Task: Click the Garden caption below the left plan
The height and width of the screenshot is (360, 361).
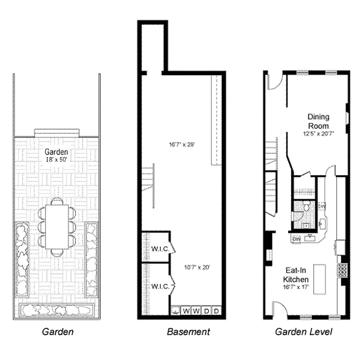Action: click(58, 332)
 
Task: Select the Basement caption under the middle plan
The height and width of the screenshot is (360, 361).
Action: click(188, 332)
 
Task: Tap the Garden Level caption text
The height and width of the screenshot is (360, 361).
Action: click(303, 332)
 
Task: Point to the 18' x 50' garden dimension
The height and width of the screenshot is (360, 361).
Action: click(56, 159)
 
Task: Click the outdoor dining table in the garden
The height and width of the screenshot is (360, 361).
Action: click(57, 227)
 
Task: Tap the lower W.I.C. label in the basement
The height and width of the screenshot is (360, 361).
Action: click(160, 286)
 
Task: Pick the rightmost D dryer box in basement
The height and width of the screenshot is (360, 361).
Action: click(216, 311)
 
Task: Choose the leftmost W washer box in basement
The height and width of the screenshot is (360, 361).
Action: click(186, 311)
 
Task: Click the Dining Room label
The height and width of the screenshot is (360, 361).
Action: click(318, 121)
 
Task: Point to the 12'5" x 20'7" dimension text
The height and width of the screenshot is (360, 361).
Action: click(318, 134)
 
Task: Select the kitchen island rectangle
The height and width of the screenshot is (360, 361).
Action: click(319, 278)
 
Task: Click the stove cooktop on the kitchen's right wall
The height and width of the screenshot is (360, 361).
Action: click(343, 270)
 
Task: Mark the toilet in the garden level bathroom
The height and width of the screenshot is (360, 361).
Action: click(306, 208)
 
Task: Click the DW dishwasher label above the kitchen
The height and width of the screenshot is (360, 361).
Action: click(297, 238)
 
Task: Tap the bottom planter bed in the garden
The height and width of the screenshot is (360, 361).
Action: click(57, 310)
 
